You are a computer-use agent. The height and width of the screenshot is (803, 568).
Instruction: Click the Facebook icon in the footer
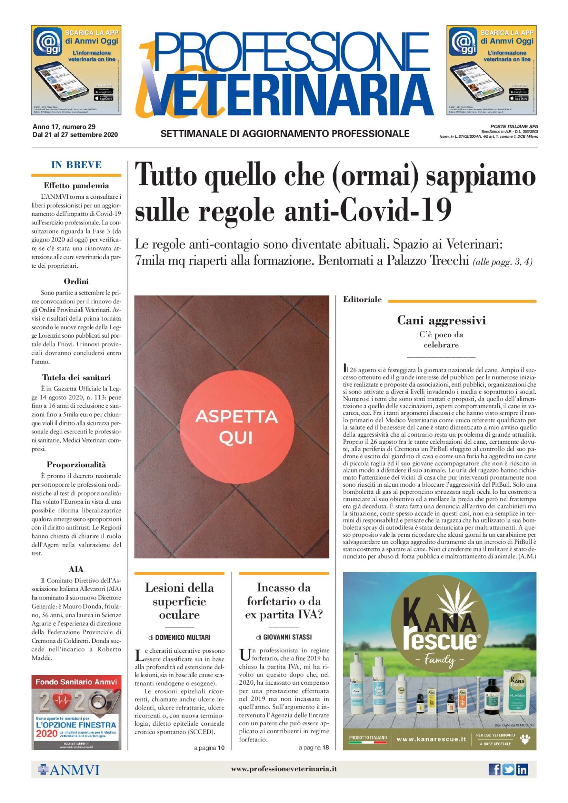(x=494, y=769)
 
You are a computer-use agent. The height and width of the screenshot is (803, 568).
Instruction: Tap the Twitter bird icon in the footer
(x=508, y=769)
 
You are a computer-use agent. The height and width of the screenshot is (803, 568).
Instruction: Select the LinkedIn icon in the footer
(x=522, y=769)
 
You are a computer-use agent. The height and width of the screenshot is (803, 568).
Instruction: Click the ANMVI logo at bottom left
(x=69, y=769)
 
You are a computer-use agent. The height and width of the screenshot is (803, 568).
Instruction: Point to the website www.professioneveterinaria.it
(x=284, y=769)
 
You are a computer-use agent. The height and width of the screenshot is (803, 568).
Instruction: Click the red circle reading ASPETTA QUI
(x=236, y=427)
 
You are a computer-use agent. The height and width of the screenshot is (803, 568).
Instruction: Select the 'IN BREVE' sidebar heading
(x=76, y=165)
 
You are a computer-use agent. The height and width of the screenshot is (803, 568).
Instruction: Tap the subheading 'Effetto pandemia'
(x=76, y=185)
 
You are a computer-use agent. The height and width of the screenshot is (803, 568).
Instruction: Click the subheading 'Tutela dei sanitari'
(x=76, y=377)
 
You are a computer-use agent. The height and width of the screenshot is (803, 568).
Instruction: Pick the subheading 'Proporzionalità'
(x=76, y=465)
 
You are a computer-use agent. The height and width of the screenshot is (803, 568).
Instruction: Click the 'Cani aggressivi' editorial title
(x=441, y=320)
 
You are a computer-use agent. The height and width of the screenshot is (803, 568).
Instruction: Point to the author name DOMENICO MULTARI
(x=183, y=637)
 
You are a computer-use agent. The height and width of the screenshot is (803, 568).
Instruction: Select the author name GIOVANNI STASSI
(x=287, y=637)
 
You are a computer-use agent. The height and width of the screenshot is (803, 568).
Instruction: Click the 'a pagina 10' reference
(x=209, y=748)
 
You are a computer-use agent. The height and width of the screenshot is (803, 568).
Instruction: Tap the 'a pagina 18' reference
(x=314, y=747)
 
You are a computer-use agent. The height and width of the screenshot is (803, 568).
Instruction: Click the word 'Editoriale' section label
(x=362, y=299)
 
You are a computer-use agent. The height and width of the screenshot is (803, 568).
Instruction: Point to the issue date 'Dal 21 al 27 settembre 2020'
(x=75, y=134)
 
